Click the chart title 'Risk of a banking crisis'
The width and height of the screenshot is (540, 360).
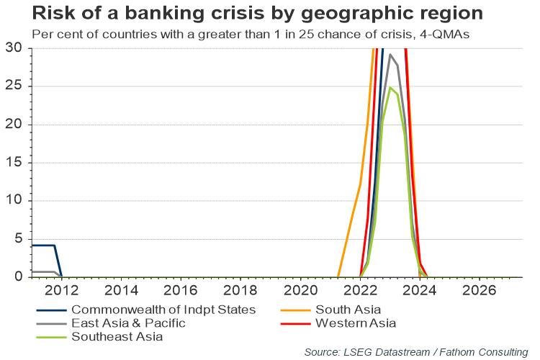(x=148, y=14)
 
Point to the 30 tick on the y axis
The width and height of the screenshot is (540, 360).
(x=14, y=48)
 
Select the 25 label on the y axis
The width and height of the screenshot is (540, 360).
(x=14, y=86)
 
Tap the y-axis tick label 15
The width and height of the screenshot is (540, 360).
(x=14, y=162)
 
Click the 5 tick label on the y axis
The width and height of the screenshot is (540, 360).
(x=19, y=238)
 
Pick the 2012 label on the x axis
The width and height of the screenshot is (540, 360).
(x=62, y=290)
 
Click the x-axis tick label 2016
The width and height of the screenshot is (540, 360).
(x=181, y=290)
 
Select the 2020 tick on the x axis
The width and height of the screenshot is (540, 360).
(x=300, y=290)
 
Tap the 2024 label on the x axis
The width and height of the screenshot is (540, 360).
(x=420, y=290)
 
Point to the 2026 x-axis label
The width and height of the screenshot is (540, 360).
(x=480, y=290)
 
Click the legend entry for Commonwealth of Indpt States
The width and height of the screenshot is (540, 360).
(x=163, y=310)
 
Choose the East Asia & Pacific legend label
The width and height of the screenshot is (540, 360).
(x=128, y=323)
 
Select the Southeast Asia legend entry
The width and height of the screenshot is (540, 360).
(x=117, y=336)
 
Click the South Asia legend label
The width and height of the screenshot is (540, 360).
(x=348, y=310)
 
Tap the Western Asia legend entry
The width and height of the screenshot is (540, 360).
(x=356, y=323)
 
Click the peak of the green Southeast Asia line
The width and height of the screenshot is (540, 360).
(x=390, y=87)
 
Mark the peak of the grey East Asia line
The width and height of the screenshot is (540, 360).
(x=390, y=54)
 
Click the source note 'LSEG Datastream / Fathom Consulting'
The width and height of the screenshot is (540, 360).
(x=436, y=352)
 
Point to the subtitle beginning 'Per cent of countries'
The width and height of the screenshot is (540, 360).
(x=251, y=35)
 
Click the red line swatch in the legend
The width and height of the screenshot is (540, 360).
(x=295, y=324)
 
